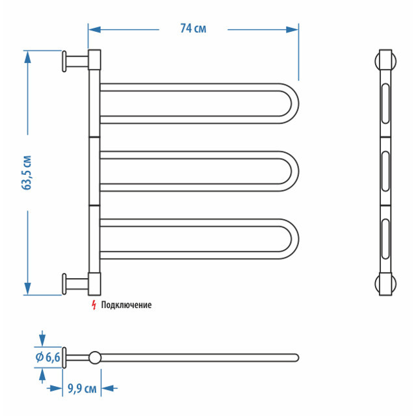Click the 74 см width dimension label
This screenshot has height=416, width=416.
click(x=193, y=29)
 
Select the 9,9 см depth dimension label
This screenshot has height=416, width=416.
click(x=82, y=389)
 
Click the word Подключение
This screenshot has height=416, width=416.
click(x=126, y=305)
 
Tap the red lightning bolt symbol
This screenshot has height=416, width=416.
click(x=94, y=304)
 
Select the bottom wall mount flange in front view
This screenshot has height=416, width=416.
click(x=65, y=284)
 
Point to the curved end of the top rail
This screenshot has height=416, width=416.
click(x=291, y=102)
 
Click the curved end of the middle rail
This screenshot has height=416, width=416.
click(x=291, y=171)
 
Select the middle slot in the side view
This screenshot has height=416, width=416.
click(x=385, y=171)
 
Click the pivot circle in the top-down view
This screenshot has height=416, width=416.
click(x=95, y=357)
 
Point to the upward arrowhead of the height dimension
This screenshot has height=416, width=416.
click(x=28, y=57)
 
